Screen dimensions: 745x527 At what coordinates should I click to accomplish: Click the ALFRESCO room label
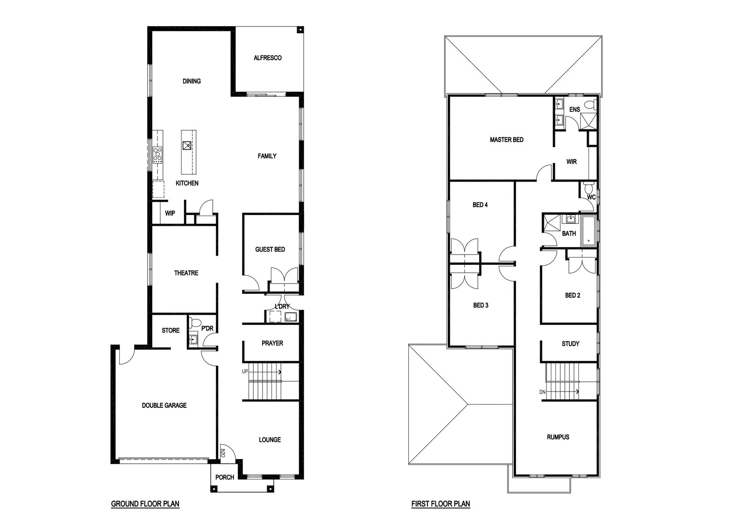(267, 58)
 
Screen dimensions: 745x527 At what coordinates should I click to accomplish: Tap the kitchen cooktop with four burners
(158, 155)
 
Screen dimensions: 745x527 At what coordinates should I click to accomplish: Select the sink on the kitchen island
(187, 146)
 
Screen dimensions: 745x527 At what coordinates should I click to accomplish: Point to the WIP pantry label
(169, 213)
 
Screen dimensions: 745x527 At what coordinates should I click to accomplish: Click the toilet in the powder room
(196, 323)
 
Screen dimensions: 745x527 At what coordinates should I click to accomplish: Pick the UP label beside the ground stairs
(245, 372)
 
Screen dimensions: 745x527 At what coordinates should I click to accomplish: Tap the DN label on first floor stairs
(542, 392)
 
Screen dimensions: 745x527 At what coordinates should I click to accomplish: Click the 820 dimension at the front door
(223, 453)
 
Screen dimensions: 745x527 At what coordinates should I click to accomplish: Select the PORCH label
(224, 478)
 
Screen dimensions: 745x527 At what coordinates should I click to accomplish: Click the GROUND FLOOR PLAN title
(145, 504)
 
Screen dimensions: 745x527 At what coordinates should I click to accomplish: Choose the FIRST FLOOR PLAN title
(440, 504)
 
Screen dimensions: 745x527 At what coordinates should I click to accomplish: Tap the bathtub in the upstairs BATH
(589, 231)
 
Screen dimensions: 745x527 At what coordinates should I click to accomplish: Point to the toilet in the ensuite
(590, 104)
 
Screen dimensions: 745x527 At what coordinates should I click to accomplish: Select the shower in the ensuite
(589, 121)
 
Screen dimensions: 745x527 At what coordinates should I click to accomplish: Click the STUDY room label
(570, 344)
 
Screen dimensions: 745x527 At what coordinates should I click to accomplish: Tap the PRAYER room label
(272, 343)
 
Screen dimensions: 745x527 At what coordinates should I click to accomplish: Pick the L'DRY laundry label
(282, 306)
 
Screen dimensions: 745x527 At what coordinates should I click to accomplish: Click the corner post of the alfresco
(300, 30)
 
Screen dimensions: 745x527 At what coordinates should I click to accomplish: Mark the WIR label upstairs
(571, 162)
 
